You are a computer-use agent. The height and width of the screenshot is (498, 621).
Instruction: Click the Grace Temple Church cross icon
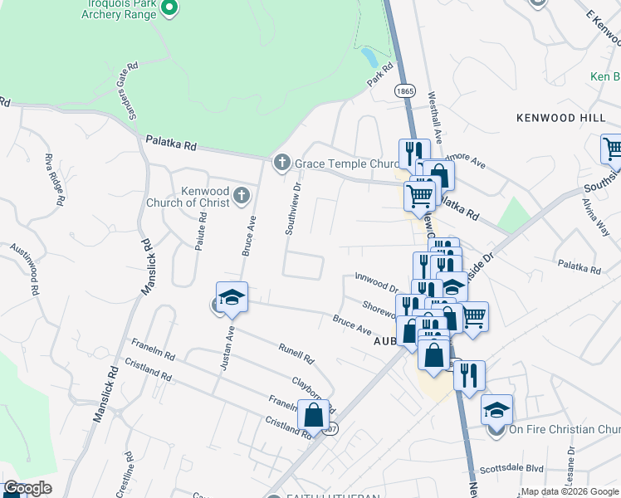(x=282, y=161)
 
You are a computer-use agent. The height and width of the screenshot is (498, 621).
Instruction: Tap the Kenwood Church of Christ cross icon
(x=241, y=196)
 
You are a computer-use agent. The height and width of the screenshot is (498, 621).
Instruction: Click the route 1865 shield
(x=405, y=90)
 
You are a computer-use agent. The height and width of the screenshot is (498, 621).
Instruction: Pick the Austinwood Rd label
(x=24, y=270)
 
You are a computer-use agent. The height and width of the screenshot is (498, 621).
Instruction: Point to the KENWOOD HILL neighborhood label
(x=560, y=119)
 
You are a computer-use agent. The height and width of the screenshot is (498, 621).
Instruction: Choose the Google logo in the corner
(x=27, y=489)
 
